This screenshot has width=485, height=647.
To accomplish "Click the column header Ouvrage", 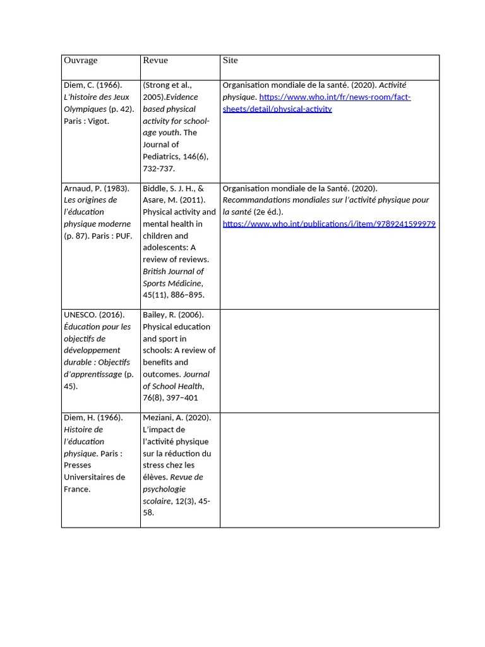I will [x=80, y=61].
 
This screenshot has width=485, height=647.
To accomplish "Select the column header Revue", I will [x=155, y=61].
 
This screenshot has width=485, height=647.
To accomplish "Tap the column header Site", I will [x=230, y=61].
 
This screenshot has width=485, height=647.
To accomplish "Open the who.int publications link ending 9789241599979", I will [x=329, y=224].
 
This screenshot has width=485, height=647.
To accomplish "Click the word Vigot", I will [x=99, y=121].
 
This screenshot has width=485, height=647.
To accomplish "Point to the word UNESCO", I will [x=80, y=315].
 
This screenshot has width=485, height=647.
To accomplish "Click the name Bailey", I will [x=155, y=315].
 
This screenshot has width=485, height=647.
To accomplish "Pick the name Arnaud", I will [x=78, y=188].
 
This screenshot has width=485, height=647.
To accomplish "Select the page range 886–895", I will [x=188, y=295].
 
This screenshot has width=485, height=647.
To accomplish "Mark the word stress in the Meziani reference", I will [x=155, y=465].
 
